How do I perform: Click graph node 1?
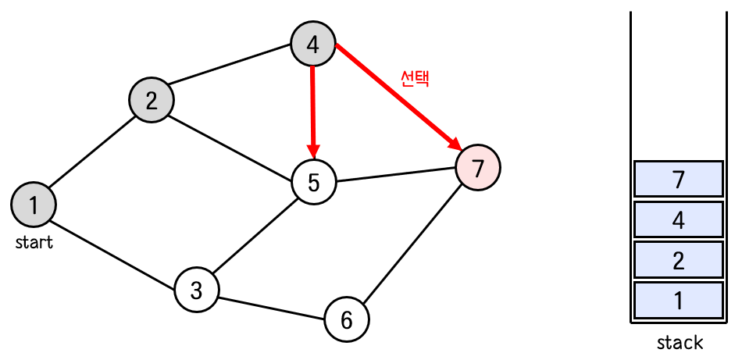click(x=33, y=205)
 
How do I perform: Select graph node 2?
click(x=152, y=99)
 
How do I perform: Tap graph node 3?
click(x=196, y=290)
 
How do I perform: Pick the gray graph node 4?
click(x=312, y=45)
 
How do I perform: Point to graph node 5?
click(x=313, y=182)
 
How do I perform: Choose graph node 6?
click(x=347, y=319)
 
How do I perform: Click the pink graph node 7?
click(x=478, y=166)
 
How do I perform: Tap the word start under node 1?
click(x=34, y=243)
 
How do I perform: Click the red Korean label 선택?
click(x=415, y=78)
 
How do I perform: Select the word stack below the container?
click(x=680, y=342)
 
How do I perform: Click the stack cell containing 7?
click(x=678, y=180)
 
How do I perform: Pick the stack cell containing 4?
click(x=678, y=220)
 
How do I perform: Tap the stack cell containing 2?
click(x=678, y=260)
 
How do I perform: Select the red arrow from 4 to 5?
click(x=312, y=109)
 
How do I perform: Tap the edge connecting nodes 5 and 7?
click(x=395, y=175)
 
